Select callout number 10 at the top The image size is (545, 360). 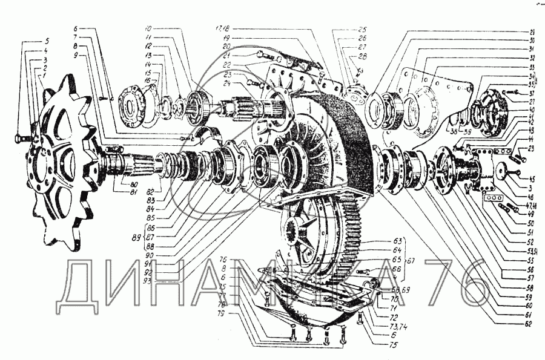(x=150, y=29)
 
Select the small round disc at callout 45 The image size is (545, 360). (x=501, y=172)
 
